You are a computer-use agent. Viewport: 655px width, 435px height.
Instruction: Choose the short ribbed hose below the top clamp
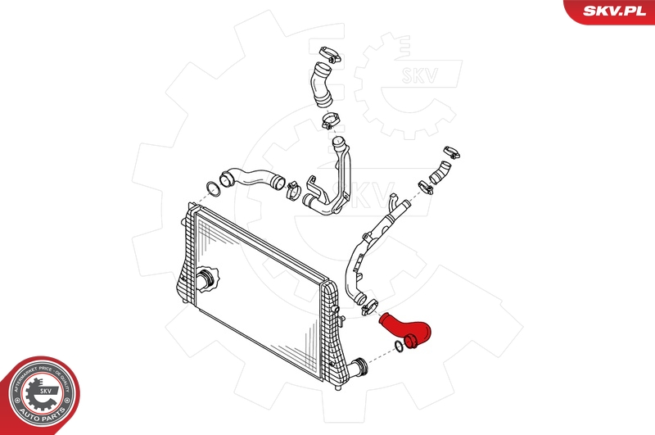pos(318,86)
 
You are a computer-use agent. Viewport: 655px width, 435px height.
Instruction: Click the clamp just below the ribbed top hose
pos(330,123)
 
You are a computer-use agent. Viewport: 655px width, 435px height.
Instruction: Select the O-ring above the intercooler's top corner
pos(212,187)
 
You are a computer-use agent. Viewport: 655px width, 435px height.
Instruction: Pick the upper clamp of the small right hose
pos(450,152)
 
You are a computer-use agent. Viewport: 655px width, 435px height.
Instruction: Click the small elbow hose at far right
pos(441,171)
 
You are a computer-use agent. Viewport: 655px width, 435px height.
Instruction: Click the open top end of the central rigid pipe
pos(337,143)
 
